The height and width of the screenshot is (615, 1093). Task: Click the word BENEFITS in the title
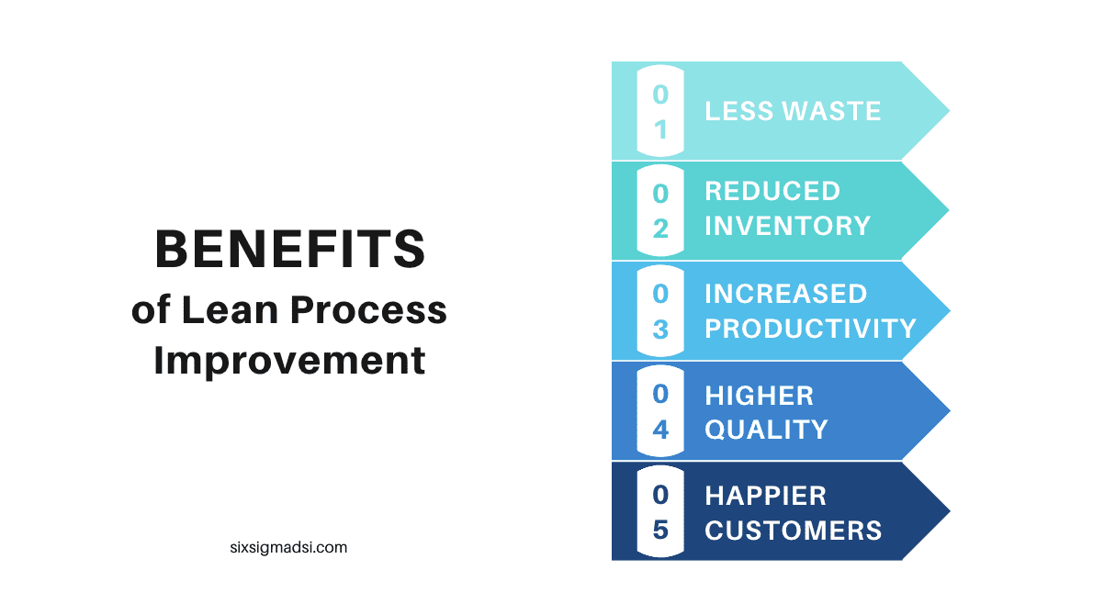coord(290,249)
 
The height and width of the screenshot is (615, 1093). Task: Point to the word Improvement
coord(289,360)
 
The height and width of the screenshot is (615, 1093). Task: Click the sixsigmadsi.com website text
coord(288,547)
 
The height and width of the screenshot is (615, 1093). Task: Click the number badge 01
coord(660,111)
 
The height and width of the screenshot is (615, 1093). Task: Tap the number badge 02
coord(660,210)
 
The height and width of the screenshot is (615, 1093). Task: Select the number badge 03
coord(660,310)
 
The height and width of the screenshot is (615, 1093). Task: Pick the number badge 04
coord(660,411)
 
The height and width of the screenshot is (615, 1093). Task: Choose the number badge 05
coord(660,511)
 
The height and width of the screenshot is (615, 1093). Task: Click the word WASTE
coord(831,111)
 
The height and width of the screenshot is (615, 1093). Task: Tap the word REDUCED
coord(772,191)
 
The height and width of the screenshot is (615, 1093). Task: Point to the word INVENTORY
coord(788,226)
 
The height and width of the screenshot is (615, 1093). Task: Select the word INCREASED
coord(785,294)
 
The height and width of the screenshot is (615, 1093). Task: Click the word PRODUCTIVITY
coord(810,329)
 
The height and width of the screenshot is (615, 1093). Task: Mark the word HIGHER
coord(759,396)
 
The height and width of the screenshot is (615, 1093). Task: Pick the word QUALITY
coord(766,430)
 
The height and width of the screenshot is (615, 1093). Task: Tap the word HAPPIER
coord(765,496)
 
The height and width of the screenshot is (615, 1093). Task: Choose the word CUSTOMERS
coord(794,531)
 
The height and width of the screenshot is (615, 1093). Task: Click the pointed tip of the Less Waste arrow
coord(950,111)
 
